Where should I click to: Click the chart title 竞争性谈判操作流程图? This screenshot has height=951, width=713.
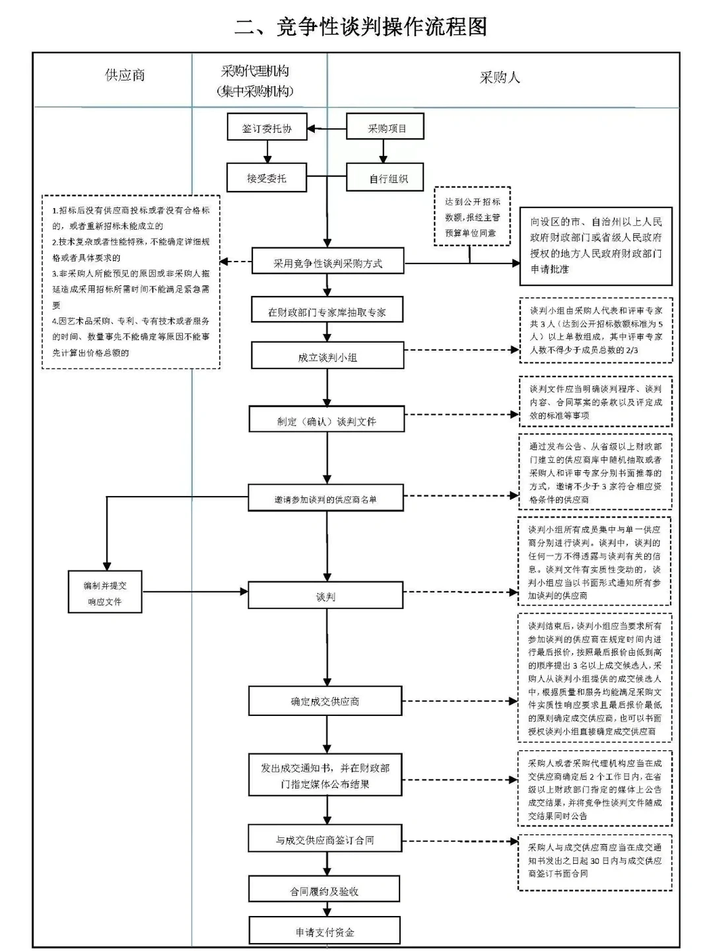361,26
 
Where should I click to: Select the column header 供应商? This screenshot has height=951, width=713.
125,75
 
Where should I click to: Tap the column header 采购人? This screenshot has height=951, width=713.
499,77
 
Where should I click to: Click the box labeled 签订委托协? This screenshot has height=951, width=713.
267,127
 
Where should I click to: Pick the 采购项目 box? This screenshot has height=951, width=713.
386,127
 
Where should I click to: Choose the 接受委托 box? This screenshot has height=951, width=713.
267,178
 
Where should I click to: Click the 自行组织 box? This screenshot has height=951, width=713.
386,178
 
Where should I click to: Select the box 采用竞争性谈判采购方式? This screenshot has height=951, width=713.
327,263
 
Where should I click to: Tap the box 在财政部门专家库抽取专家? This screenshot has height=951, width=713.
327,311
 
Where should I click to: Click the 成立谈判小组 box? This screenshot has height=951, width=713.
327,357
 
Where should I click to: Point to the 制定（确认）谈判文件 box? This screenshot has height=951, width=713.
327,421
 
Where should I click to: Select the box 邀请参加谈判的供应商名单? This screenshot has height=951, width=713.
326,499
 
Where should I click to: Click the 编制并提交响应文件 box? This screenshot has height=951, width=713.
105,592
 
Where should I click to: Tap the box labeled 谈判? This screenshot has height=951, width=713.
325,596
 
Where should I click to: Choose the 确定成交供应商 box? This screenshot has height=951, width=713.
325,701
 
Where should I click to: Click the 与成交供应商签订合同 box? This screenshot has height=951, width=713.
325,839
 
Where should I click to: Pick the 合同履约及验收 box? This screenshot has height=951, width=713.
324,890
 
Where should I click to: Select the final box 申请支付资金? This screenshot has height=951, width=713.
324,931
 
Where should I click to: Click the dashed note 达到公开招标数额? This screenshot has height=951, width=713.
472,217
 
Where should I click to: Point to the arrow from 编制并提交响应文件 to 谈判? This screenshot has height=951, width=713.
195,592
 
